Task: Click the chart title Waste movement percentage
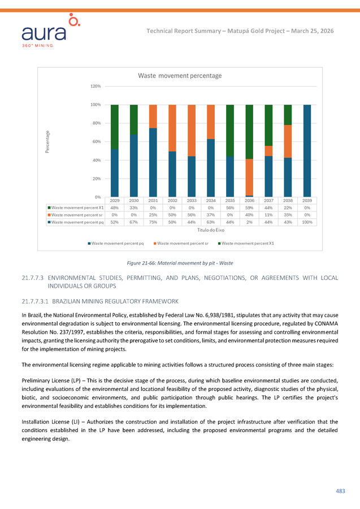click(180, 75)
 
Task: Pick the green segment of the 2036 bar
click(249, 132)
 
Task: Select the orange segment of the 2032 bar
click(172, 128)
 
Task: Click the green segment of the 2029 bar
click(115, 127)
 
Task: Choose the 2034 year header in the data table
click(211, 201)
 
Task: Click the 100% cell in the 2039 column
click(307, 223)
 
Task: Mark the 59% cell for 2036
click(249, 208)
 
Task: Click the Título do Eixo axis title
click(210, 231)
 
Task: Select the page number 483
click(340, 491)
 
